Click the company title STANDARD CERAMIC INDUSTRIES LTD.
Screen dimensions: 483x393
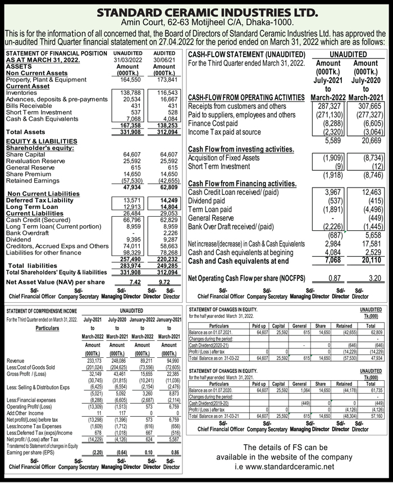pos(196,12)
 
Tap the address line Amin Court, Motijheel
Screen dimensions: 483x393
pos(196,23)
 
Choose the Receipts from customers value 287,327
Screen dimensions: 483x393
pos(326,106)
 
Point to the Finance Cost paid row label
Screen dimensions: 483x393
pos(213,123)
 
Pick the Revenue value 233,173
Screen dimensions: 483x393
pos(92,361)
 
